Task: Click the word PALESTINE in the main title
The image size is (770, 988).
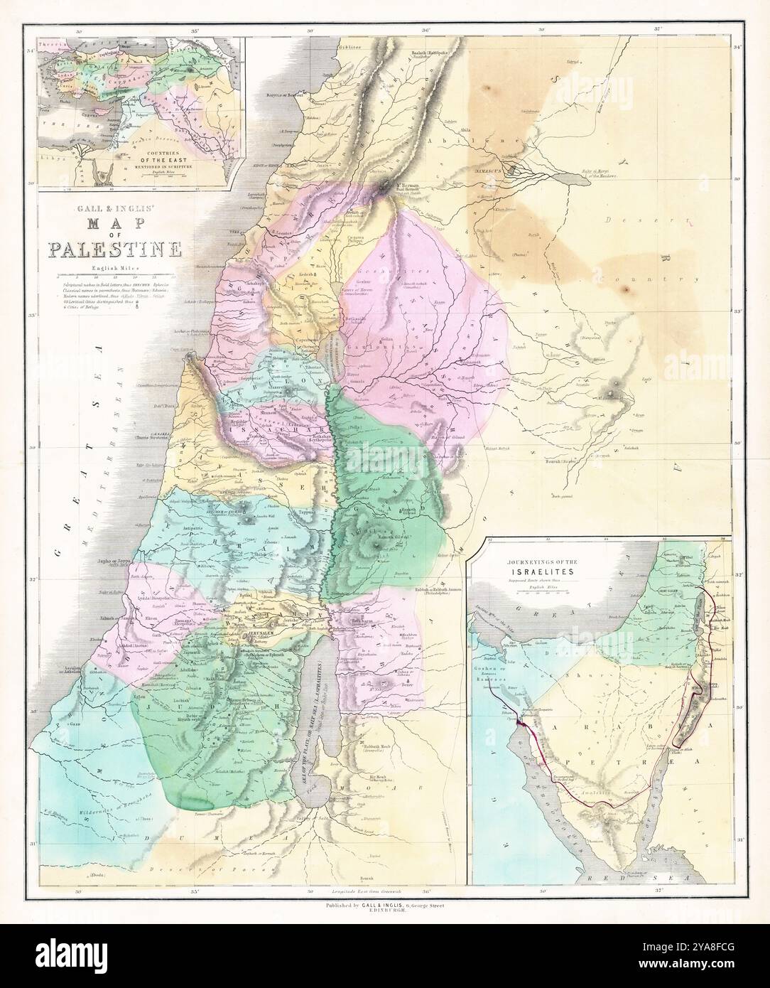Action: click(114, 249)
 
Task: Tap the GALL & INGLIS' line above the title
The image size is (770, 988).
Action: click(114, 211)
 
